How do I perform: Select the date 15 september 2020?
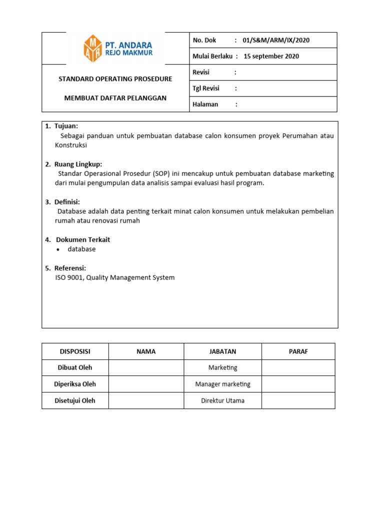[x=271, y=56]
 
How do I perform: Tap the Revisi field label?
[x=201, y=72]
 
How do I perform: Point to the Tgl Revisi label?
[x=205, y=88]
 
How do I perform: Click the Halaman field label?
[x=205, y=104]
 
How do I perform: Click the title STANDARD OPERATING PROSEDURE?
[x=115, y=79]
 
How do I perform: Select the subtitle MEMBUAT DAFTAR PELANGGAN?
[x=115, y=98]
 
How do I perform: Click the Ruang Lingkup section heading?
[x=78, y=164]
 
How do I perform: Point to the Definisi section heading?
[x=67, y=202]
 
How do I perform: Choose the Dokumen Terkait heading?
[x=83, y=239]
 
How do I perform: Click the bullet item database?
[x=81, y=249]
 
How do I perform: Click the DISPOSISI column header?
[x=75, y=351]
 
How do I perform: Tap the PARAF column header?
[x=298, y=351]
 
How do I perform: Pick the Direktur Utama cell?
[x=222, y=400]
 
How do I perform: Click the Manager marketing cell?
[x=222, y=384]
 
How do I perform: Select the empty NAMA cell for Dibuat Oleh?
[x=146, y=367]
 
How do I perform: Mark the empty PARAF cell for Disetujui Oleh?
[x=298, y=400]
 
